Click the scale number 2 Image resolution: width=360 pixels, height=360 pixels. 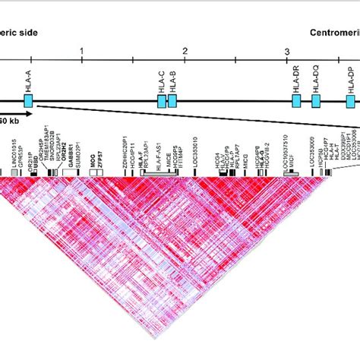185,51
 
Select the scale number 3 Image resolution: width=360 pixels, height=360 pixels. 287,51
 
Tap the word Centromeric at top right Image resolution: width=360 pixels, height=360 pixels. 334,34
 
